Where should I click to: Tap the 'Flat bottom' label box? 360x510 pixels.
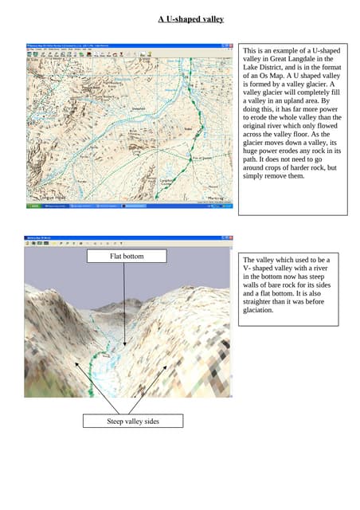[125, 257]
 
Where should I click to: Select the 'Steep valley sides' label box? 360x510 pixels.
[133, 421]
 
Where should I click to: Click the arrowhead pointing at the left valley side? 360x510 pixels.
[75, 362]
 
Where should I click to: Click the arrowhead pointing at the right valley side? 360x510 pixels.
[166, 365]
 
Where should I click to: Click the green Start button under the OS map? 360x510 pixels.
[35, 206]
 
